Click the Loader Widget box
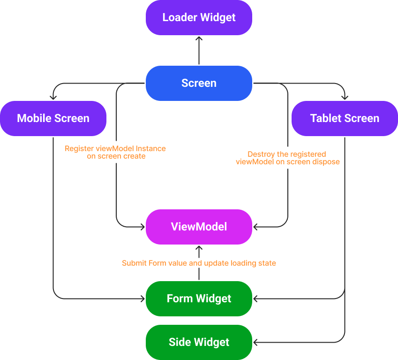click(199, 17)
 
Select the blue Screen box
click(199, 83)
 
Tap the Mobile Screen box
click(53, 118)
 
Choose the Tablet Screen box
click(345, 118)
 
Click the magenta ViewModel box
click(199, 227)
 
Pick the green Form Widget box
click(199, 299)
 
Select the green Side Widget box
click(199, 342)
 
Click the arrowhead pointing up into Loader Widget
click(199, 39)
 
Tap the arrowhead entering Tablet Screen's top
click(345, 97)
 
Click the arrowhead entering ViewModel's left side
click(143, 227)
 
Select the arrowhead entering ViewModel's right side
click(255, 227)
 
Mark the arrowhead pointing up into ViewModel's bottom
click(199, 248)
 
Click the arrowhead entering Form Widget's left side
click(143, 299)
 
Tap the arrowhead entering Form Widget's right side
click(255, 299)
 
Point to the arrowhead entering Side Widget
click(255, 342)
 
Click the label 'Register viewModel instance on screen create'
click(115, 152)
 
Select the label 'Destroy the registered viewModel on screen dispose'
click(287, 158)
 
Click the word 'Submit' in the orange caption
click(134, 263)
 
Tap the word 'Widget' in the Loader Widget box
click(218, 17)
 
